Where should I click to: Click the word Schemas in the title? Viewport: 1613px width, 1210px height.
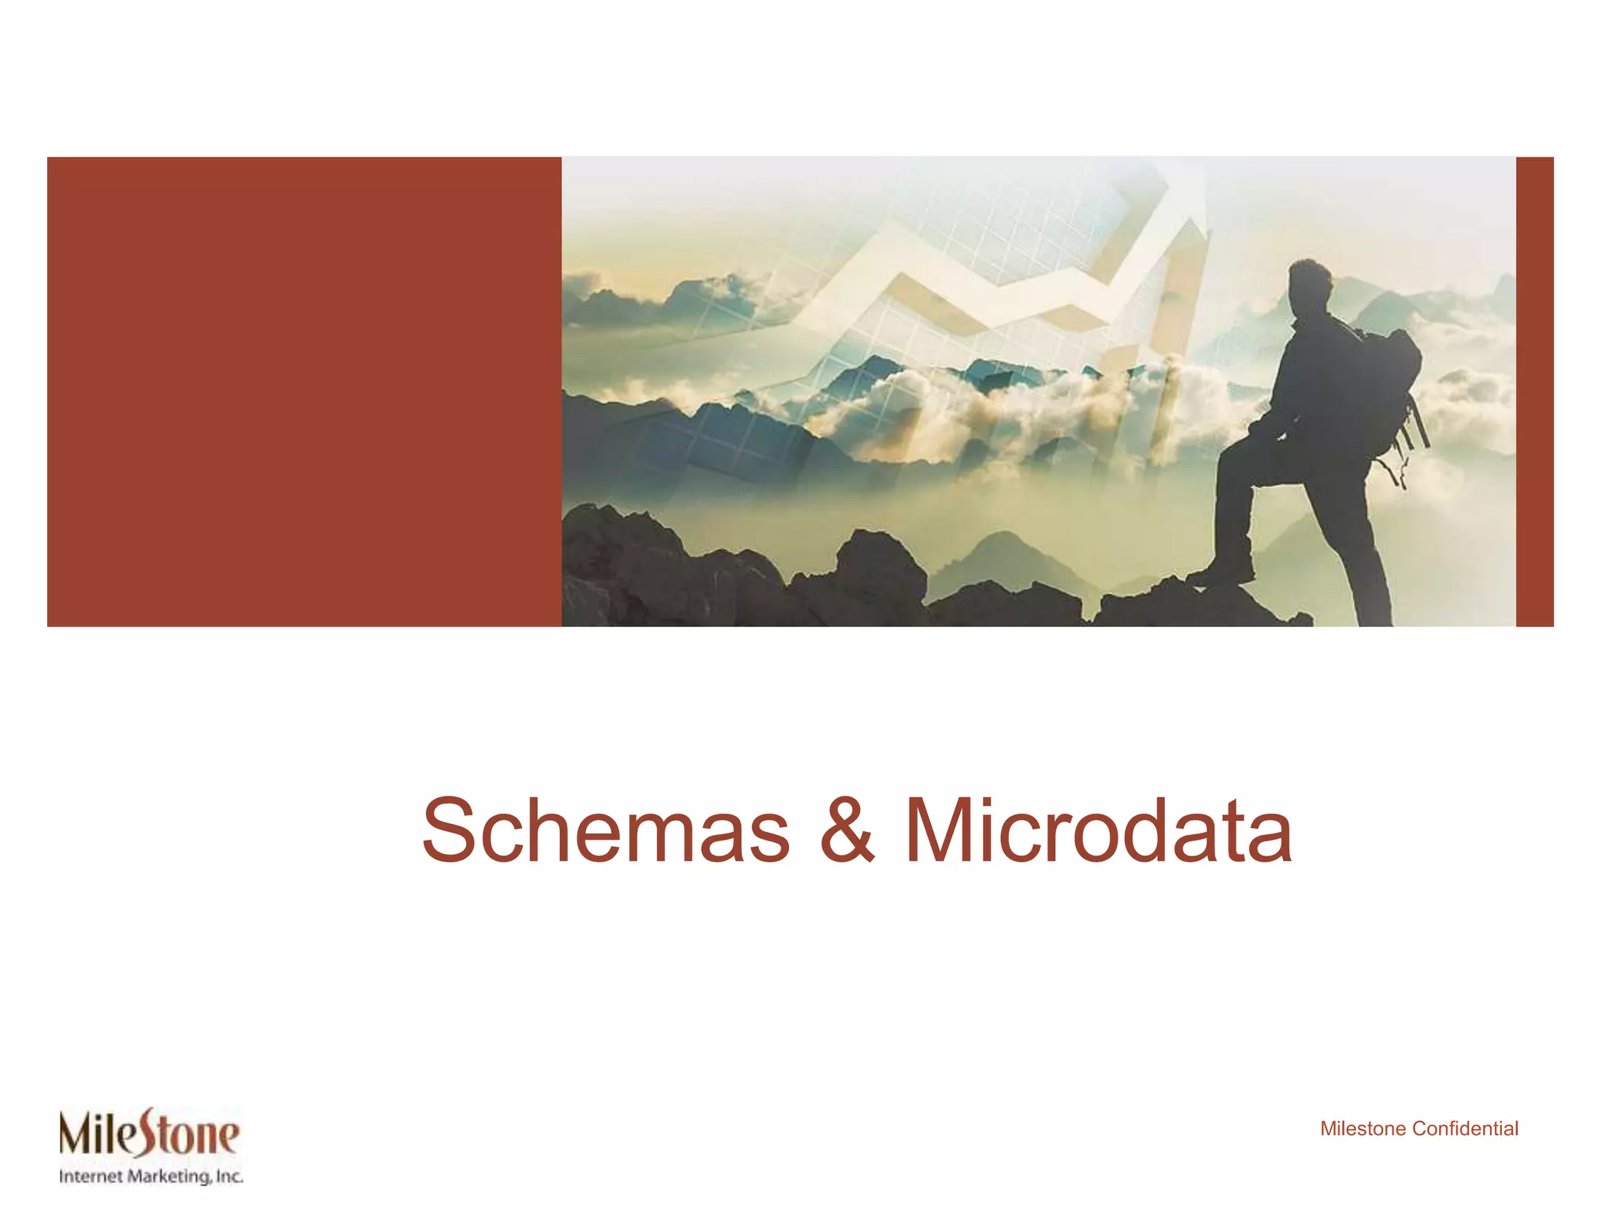point(606,831)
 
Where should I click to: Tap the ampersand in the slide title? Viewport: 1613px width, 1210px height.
point(847,831)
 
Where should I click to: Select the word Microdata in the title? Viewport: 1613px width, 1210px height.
point(1098,831)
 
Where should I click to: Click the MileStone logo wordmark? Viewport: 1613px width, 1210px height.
point(149,1134)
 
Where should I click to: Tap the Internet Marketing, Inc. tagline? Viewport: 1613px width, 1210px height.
point(150,1177)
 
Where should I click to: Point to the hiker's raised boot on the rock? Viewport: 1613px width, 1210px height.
point(1221,574)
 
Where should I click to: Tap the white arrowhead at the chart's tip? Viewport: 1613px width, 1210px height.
point(1181,189)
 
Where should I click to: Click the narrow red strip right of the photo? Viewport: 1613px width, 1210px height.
point(1534,392)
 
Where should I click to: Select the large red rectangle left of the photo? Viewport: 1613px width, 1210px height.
point(304,392)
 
